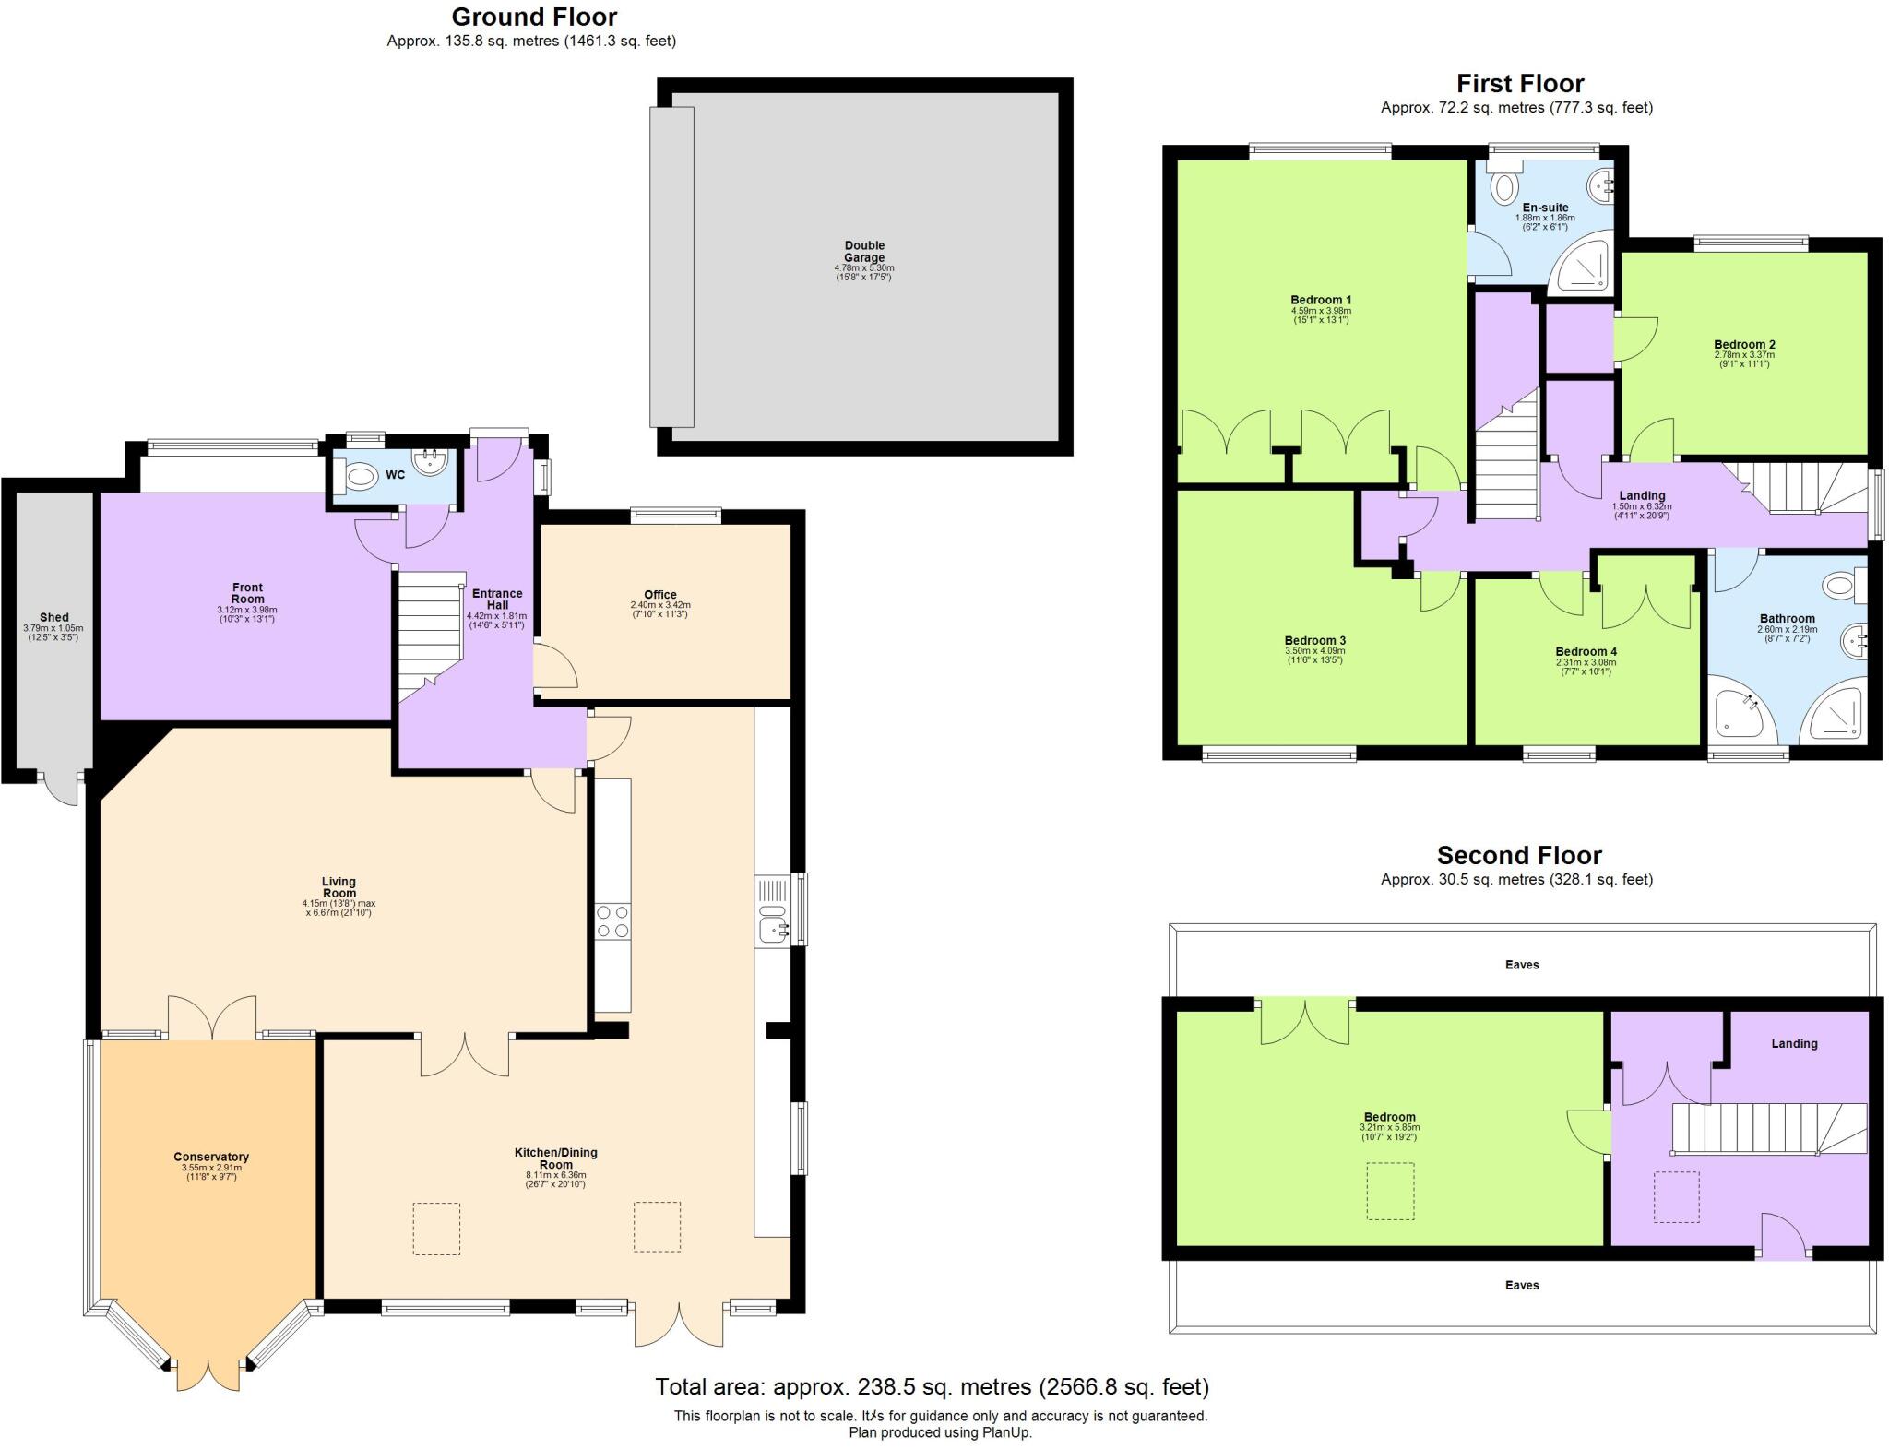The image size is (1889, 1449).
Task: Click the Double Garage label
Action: point(864,251)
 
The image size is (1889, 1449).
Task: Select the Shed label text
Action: point(53,617)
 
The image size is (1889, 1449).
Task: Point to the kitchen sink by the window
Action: point(771,927)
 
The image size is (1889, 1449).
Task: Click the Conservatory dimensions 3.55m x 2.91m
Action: point(210,1168)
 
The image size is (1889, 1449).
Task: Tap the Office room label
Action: point(660,595)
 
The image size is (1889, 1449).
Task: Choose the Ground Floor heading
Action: point(533,17)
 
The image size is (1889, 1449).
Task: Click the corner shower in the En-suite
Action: point(1583,266)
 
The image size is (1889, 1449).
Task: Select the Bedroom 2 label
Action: point(1743,344)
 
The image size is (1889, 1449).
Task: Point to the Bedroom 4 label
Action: point(1586,651)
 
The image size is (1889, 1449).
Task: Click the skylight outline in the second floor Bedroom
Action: point(1389,1191)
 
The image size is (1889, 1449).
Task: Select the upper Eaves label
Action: point(1521,964)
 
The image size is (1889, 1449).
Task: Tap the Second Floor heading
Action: point(1519,855)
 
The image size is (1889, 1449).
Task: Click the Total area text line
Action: point(931,1386)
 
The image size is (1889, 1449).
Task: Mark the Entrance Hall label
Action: point(497,599)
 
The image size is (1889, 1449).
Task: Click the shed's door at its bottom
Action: point(63,789)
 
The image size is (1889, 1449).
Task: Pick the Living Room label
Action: point(339,886)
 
